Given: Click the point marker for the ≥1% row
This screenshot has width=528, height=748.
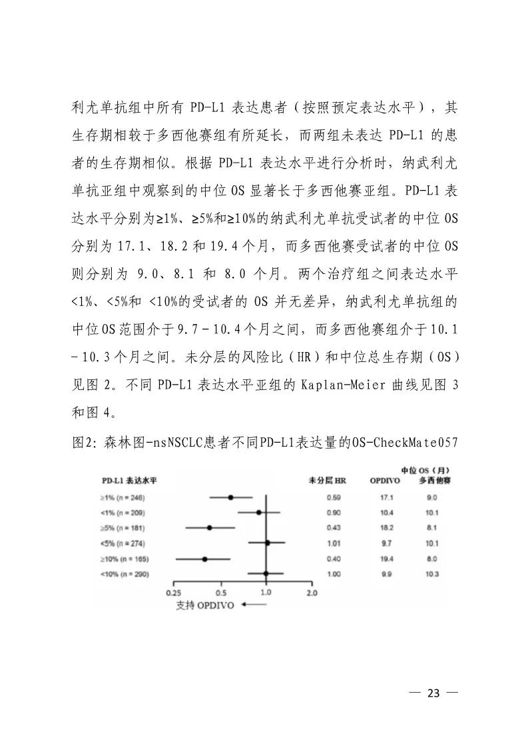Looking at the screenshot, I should [x=230, y=497].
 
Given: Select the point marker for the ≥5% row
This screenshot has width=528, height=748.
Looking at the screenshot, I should [x=210, y=528].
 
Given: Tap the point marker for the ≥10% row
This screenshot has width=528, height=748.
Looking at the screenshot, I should [x=204, y=559].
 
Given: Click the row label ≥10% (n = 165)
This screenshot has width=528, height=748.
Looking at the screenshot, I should [x=123, y=559].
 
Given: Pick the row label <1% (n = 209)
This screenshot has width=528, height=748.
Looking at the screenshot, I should [x=122, y=513].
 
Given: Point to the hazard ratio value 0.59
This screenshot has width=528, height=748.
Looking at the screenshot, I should [x=334, y=497].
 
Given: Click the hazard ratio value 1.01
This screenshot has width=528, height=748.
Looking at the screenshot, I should [x=334, y=543].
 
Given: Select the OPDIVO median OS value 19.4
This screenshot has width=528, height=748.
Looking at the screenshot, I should [x=387, y=559].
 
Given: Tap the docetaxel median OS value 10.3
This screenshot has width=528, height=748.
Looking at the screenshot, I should [x=433, y=574].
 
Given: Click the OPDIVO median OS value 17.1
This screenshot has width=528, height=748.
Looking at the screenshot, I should [x=387, y=497].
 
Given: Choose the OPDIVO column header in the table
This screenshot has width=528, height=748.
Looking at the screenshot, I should [x=386, y=480].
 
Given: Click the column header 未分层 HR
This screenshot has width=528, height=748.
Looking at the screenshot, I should [x=328, y=480].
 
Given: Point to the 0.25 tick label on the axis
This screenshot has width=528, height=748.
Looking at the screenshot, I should [x=174, y=592].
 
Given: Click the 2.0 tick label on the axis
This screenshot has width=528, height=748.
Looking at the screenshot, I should [x=311, y=592].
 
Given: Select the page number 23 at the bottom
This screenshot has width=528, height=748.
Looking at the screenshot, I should [x=434, y=693].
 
